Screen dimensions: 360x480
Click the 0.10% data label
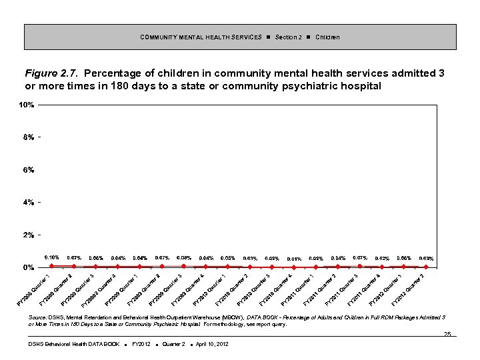click(52, 257)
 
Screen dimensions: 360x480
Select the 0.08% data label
click(184, 257)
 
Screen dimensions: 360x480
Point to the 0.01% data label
click(294, 259)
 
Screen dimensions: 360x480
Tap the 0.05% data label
click(228, 257)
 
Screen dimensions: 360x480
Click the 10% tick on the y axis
click(27, 105)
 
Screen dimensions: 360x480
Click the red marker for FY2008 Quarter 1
click(52, 266)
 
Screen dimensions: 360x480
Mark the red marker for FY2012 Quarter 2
click(426, 267)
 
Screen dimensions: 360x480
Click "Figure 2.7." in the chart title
click(52, 73)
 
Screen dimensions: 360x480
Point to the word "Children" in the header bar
click(327, 37)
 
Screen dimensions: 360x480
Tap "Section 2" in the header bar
click(288, 37)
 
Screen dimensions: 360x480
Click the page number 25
click(447, 334)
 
